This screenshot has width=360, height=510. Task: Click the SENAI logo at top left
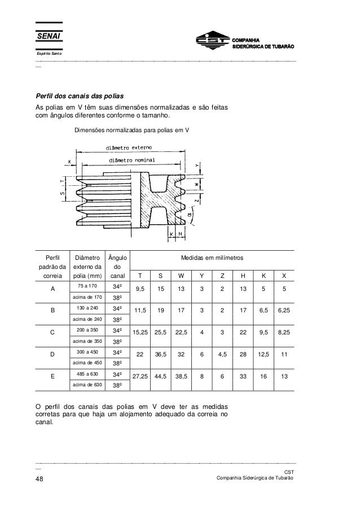pyautogui.click(x=49, y=37)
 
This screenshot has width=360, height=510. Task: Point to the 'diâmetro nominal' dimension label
pyautogui.click(x=132, y=160)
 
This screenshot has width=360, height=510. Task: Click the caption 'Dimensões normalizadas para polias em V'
pyautogui.click(x=132, y=129)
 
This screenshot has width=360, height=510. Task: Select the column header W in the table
pyautogui.click(x=181, y=276)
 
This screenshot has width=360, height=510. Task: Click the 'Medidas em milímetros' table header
pyautogui.click(x=212, y=257)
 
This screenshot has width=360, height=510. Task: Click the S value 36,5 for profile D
pyautogui.click(x=161, y=356)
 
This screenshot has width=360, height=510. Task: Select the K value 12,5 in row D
pyautogui.click(x=263, y=356)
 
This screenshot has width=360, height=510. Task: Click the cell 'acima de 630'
pyautogui.click(x=86, y=385)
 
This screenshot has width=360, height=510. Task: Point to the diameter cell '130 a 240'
pyautogui.click(x=86, y=308)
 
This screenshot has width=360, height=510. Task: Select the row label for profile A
pyautogui.click(x=52, y=287)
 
